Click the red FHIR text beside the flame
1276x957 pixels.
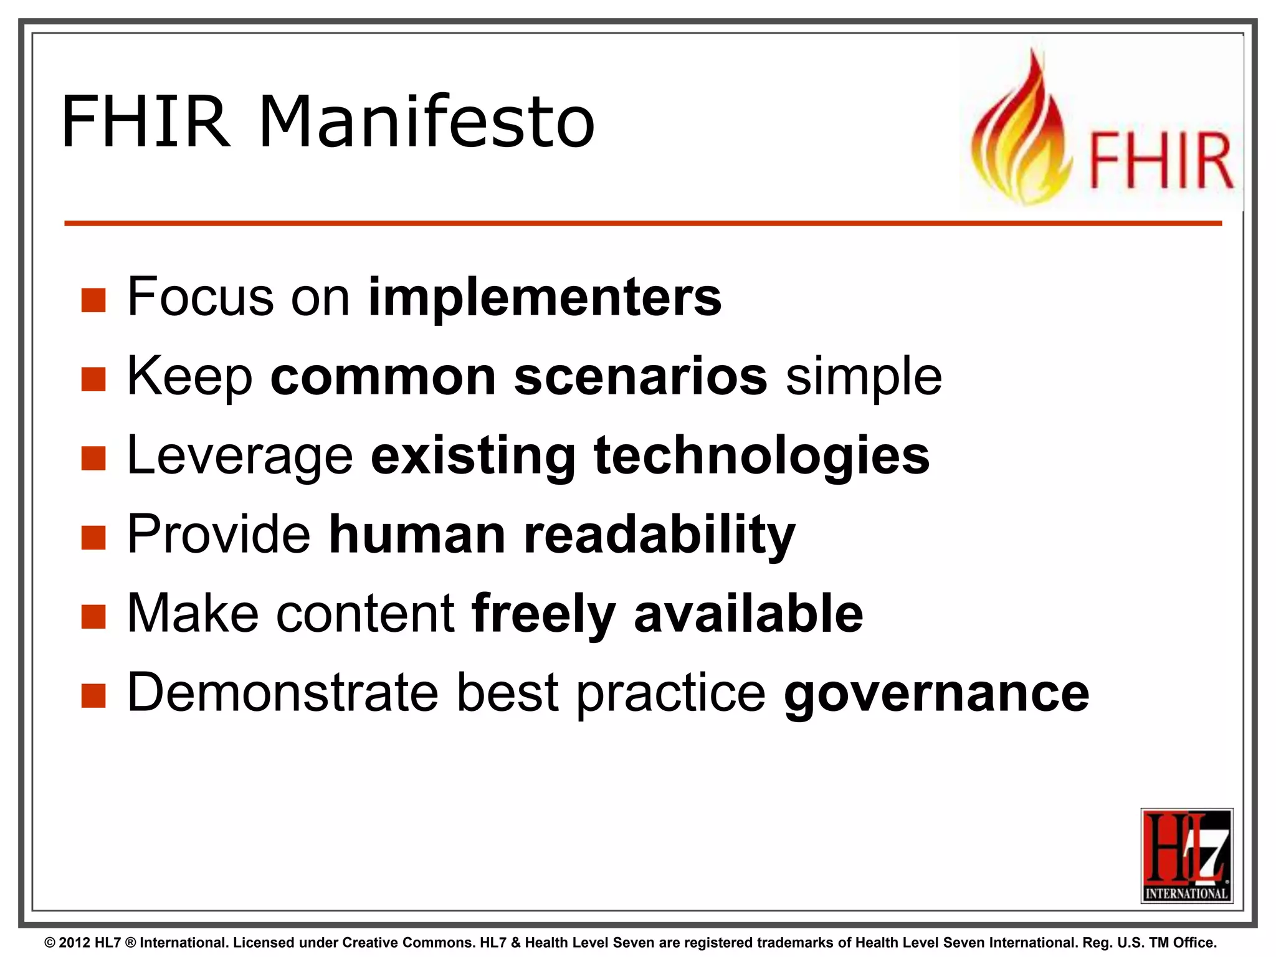point(1161,161)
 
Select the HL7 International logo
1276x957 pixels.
point(1186,855)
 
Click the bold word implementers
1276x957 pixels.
point(545,297)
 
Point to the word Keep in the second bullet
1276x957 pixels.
point(189,377)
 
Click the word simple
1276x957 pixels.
point(864,377)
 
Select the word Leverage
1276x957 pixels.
point(240,457)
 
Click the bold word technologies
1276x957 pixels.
point(761,455)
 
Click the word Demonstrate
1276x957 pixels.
point(283,693)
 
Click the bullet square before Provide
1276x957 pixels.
point(93,538)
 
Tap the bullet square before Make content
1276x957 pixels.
point(93,617)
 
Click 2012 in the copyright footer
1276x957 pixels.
point(75,943)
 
